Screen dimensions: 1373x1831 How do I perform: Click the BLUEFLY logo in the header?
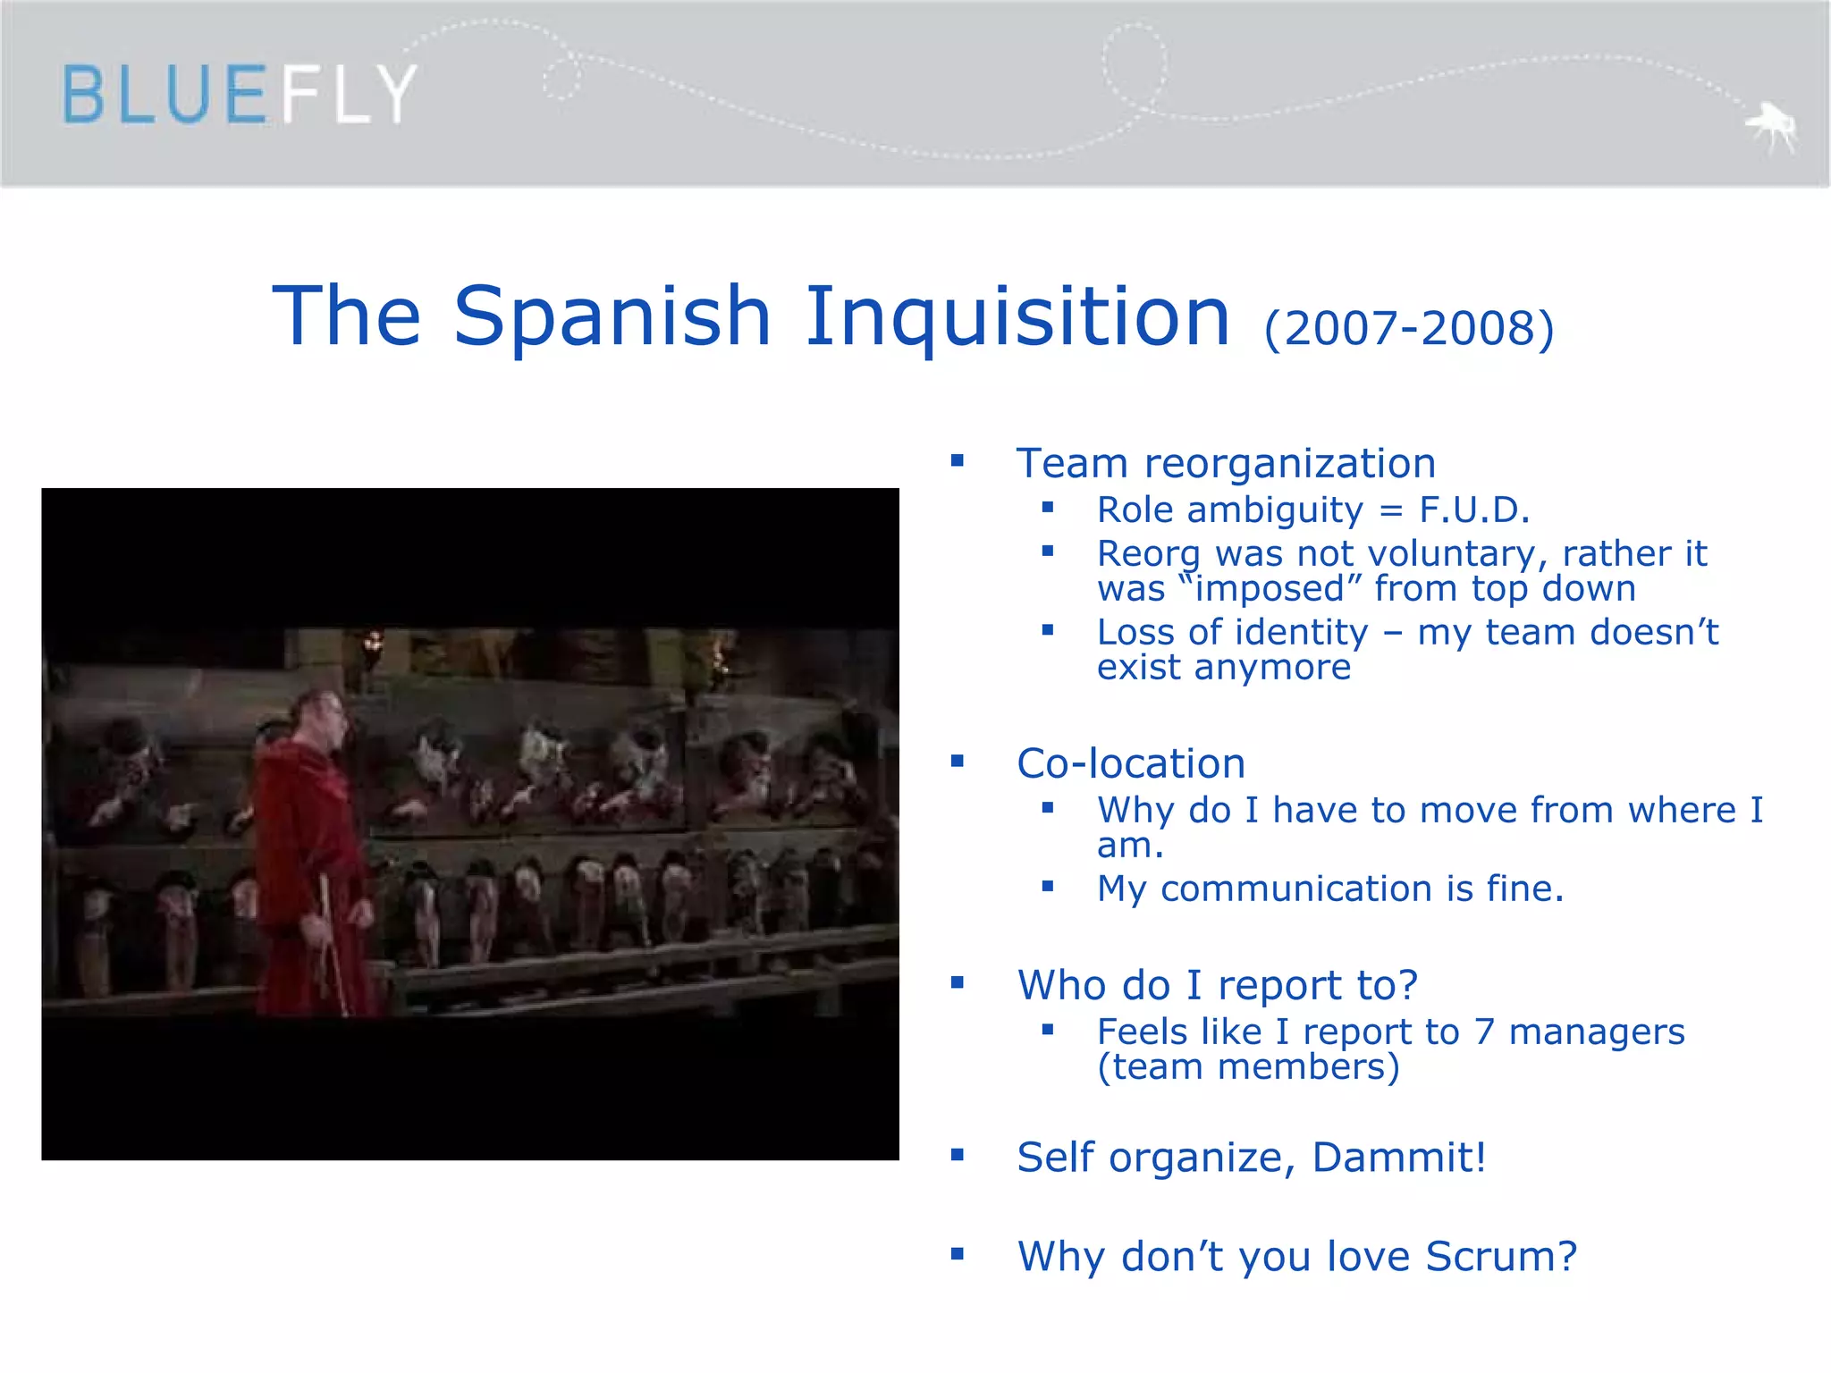tap(239, 94)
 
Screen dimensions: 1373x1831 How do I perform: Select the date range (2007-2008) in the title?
tap(1409, 329)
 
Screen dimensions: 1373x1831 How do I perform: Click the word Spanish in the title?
tap(612, 316)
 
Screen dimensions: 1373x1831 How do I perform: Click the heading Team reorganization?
tap(1226, 464)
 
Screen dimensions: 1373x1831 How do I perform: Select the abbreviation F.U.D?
tap(1474, 510)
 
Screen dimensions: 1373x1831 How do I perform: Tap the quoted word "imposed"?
tap(1269, 589)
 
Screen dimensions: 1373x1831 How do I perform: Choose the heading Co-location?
tap(1131, 764)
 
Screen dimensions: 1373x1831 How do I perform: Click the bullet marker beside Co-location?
tap(958, 762)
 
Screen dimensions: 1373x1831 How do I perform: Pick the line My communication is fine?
tap(1330, 889)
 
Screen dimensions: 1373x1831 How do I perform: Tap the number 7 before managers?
tap(1484, 1032)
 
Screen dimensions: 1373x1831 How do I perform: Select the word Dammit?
tap(1399, 1158)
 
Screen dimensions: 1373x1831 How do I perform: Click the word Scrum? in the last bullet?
tap(1501, 1257)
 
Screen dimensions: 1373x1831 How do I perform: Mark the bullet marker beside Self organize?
tap(958, 1155)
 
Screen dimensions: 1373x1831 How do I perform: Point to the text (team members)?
tap(1248, 1067)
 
